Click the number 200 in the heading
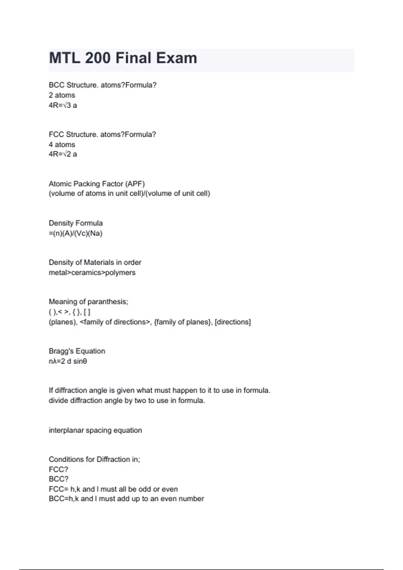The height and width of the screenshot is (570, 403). pos(97,58)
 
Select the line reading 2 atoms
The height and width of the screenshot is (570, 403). pos(62,95)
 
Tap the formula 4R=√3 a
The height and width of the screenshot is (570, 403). pos(63,105)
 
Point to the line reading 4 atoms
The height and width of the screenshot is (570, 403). pos(62,145)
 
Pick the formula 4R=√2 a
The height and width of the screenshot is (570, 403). pos(63,154)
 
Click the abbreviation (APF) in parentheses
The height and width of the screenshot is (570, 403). pos(135,184)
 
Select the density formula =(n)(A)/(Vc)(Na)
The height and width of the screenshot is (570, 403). pos(76,233)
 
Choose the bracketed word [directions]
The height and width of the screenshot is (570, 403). pos(232,322)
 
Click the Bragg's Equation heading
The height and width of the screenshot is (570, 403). pos(77,351)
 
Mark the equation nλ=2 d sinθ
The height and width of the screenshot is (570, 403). pos(68,361)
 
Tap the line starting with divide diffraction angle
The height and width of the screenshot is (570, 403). pos(127,401)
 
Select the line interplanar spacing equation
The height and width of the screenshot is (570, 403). pos(95,430)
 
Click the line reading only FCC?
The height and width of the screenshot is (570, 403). pos(58,469)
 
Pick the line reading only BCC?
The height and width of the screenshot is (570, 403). pos(58,479)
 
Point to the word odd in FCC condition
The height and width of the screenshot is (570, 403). pos(145,489)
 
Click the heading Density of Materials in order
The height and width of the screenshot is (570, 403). pos(95,263)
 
